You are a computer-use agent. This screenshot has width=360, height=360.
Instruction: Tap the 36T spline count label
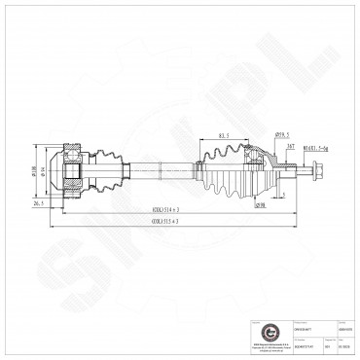click(x=290, y=147)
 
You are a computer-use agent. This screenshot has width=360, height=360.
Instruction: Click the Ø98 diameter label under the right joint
click(x=260, y=205)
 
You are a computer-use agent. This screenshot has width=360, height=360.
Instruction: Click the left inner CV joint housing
click(x=72, y=172)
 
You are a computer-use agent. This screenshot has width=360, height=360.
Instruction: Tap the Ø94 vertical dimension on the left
click(x=46, y=172)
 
